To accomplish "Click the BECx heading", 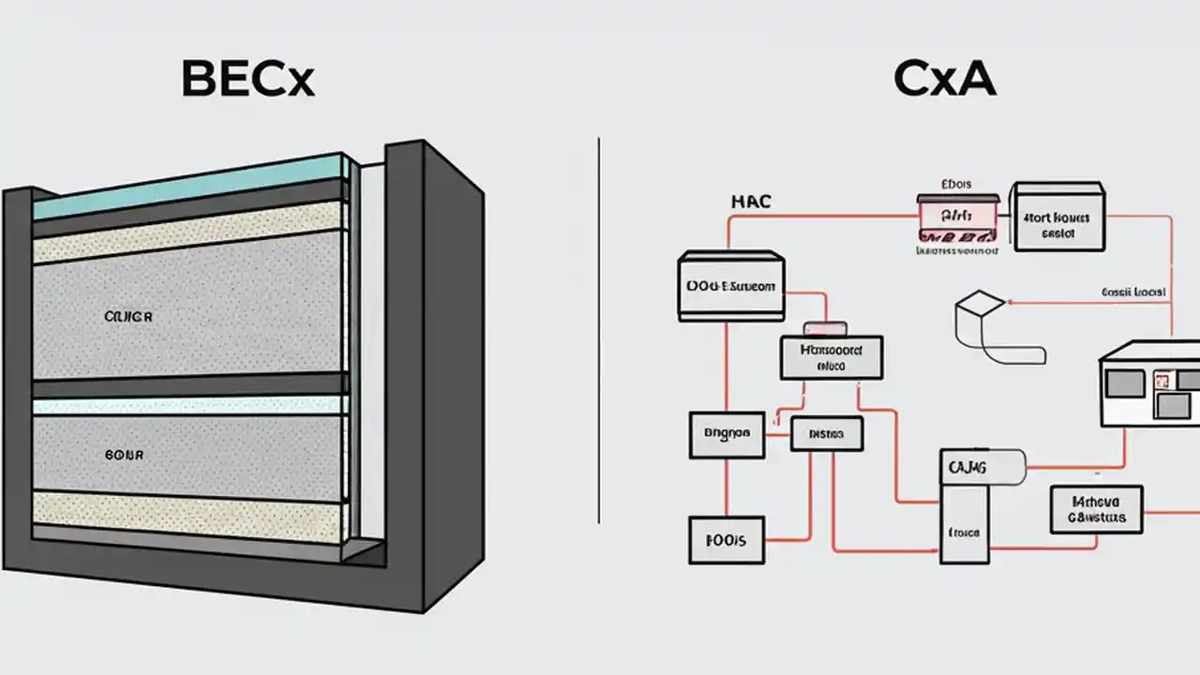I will (x=247, y=80).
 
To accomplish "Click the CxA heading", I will (x=944, y=80).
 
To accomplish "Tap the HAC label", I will (x=750, y=202).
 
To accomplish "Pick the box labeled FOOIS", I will (x=726, y=540).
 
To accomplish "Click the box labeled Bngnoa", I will (x=726, y=435).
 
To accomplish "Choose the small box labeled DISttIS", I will (x=825, y=435).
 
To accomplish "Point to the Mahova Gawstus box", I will (x=1096, y=509).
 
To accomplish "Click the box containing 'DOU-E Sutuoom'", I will (x=730, y=286).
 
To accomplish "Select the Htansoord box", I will (x=831, y=357).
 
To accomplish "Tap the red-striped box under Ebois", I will (x=956, y=221).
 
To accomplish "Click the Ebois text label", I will (x=956, y=185).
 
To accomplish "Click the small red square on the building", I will (x=1163, y=380).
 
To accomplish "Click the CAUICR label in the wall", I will (x=128, y=318).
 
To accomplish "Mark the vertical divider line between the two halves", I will (x=599, y=328).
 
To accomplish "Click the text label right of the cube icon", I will (x=1133, y=292).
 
